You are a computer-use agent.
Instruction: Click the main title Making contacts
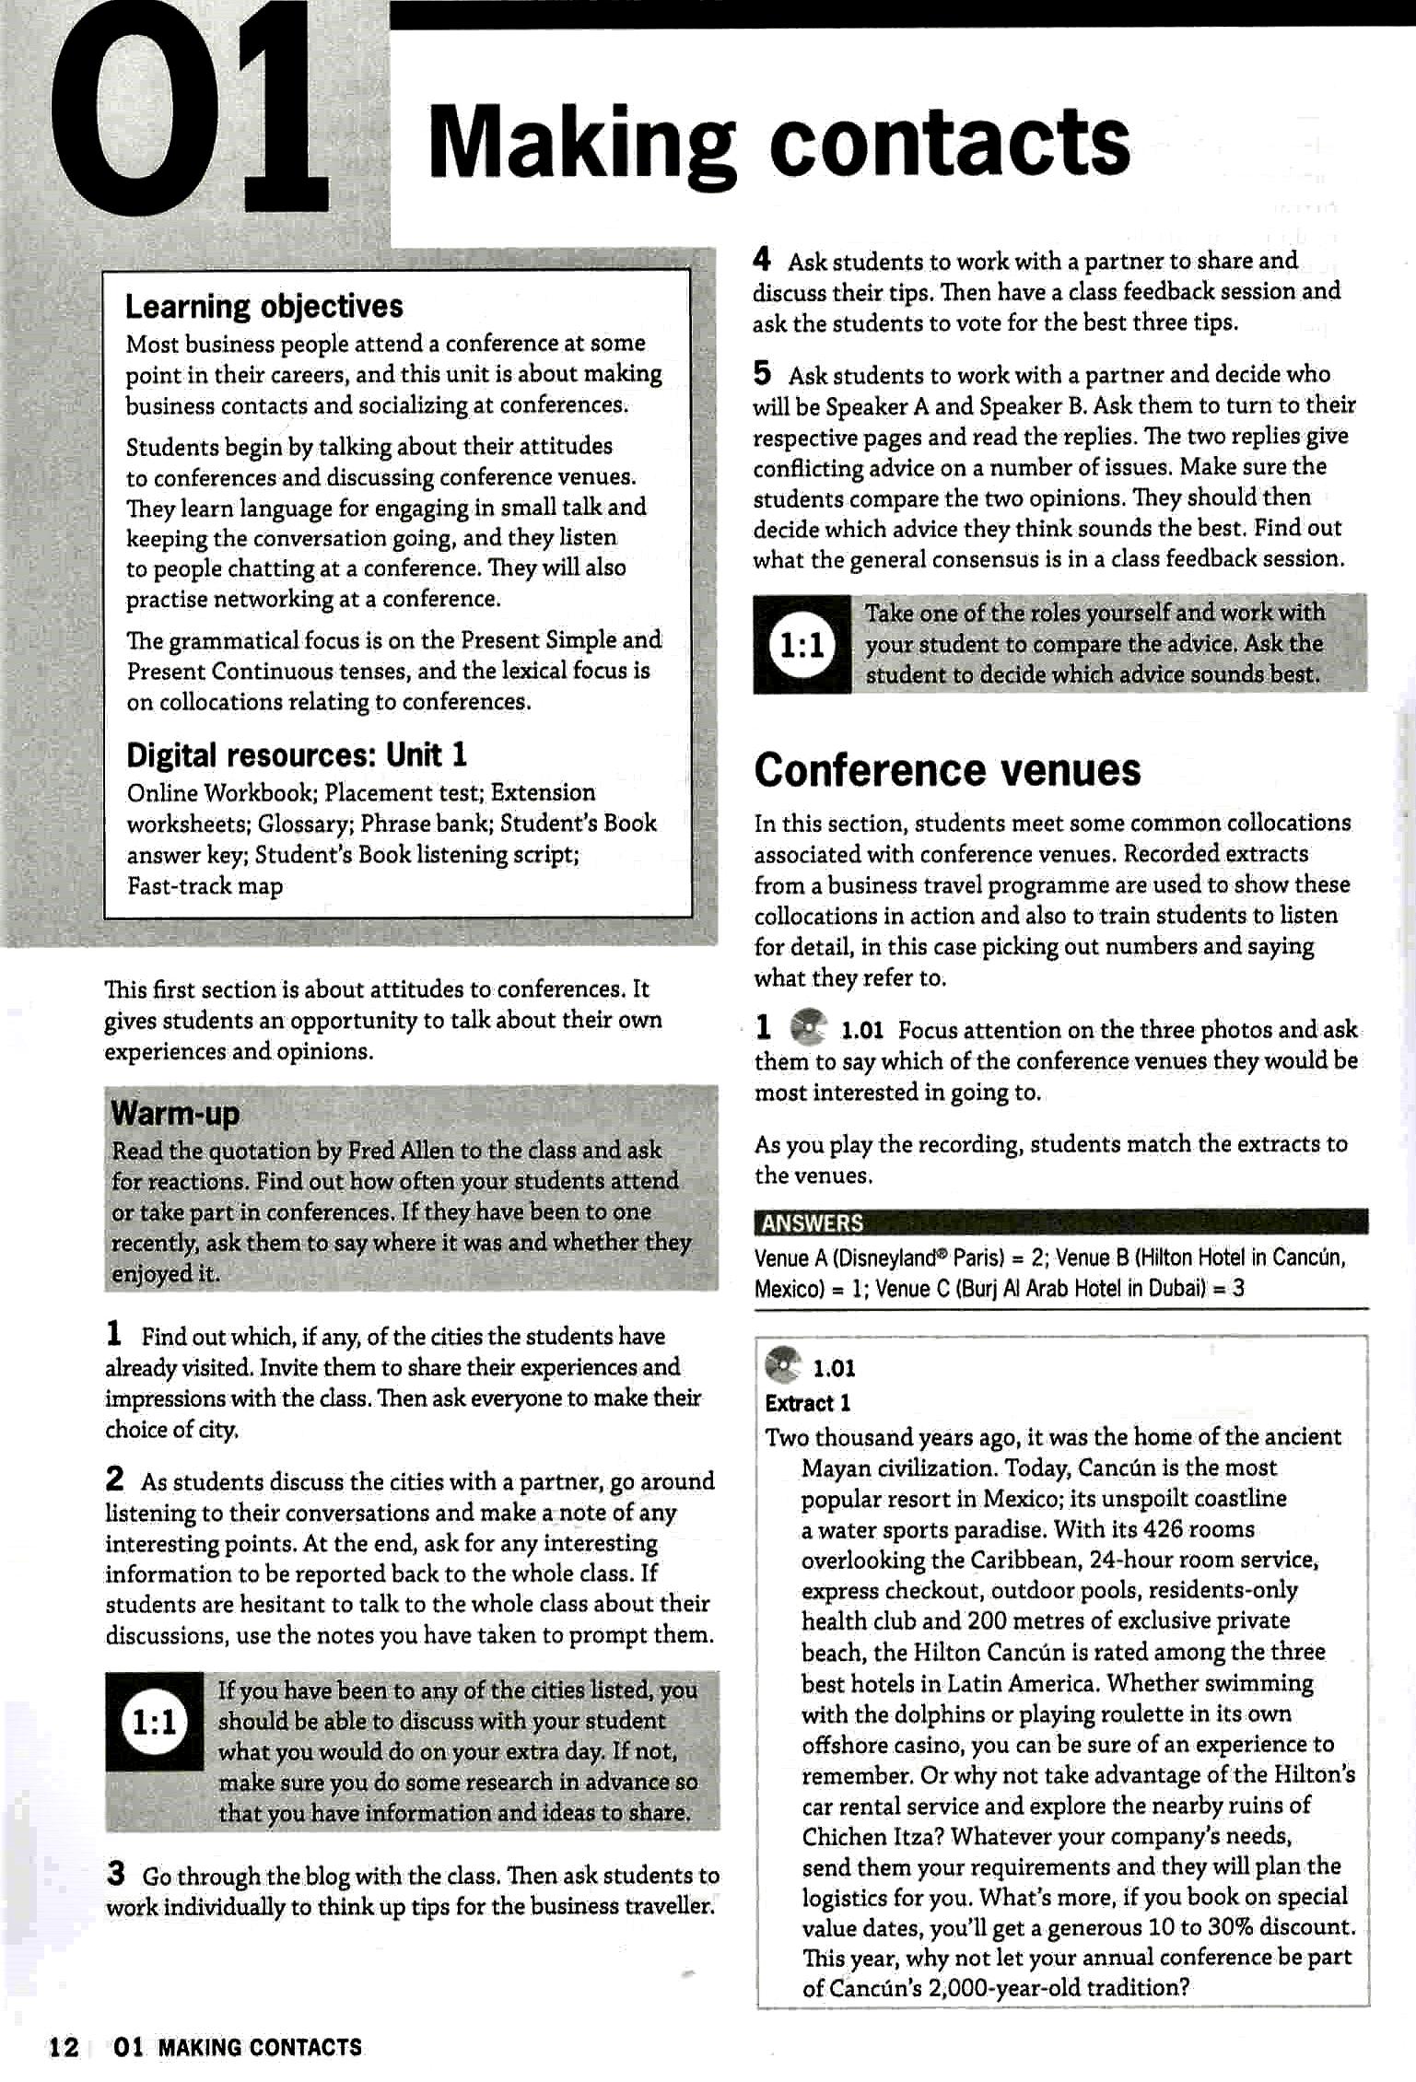pos(778,143)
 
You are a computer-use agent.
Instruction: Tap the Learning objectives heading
pos(264,306)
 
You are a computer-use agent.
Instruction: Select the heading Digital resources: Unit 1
pos(297,755)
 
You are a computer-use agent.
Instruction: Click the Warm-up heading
pos(175,1114)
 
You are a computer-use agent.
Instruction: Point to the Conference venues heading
pos(947,770)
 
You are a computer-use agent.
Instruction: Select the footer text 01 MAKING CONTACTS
pos(238,2047)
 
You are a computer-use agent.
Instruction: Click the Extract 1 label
pos(807,1403)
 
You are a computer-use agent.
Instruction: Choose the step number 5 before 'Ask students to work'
pos(762,373)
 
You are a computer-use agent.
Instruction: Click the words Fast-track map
pos(205,886)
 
